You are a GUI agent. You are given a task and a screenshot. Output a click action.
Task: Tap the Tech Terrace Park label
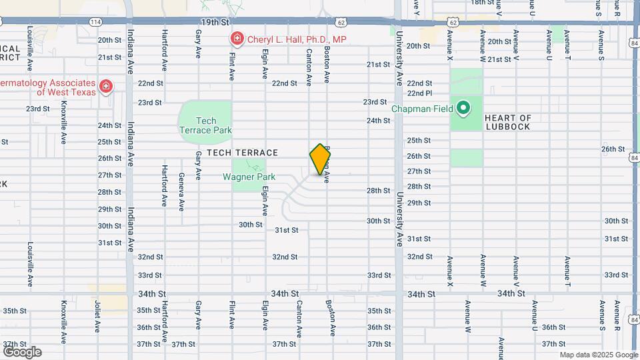click(x=205, y=125)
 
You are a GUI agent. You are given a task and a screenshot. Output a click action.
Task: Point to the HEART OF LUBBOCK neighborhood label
click(x=508, y=122)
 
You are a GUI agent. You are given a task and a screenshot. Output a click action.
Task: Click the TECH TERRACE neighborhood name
click(x=242, y=153)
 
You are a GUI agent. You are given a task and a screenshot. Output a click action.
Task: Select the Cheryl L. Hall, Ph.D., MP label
click(x=297, y=39)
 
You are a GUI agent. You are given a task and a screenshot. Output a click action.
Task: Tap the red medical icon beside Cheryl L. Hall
click(x=235, y=39)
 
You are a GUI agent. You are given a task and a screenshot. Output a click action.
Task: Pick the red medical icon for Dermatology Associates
click(x=105, y=87)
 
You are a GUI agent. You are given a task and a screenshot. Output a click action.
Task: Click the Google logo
click(x=22, y=351)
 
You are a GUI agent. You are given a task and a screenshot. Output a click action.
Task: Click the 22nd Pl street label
click(x=420, y=93)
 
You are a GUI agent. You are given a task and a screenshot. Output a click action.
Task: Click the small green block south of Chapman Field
click(x=466, y=158)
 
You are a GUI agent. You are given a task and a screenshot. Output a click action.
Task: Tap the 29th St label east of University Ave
click(x=419, y=203)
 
